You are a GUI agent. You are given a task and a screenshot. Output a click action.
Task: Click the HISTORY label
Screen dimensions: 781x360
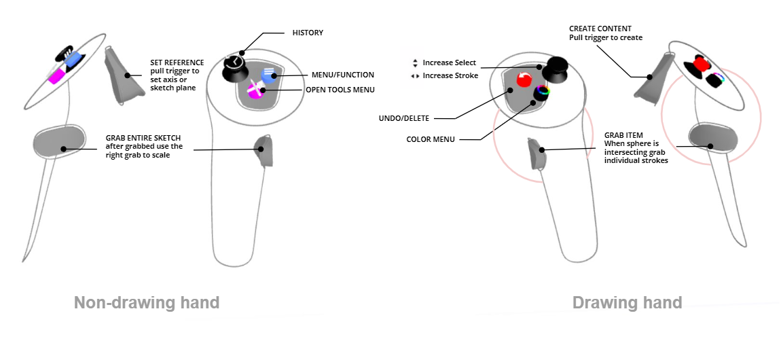tap(308, 33)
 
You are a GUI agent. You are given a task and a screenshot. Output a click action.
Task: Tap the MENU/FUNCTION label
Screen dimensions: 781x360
tap(343, 75)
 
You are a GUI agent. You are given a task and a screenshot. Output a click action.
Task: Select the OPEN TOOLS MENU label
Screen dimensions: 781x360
tap(340, 90)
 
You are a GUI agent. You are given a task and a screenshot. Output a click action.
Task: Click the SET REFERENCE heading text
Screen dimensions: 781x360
tap(177, 62)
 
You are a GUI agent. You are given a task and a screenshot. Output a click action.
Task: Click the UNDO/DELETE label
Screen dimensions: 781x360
tap(404, 118)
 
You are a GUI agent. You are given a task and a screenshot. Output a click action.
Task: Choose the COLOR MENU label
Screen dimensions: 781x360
tap(431, 139)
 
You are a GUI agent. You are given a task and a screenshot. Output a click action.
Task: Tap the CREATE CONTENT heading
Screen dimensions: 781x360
tap(600, 29)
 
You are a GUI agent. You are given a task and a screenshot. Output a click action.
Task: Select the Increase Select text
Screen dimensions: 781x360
tap(450, 62)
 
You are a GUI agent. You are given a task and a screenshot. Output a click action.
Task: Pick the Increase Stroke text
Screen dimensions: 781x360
tap(450, 75)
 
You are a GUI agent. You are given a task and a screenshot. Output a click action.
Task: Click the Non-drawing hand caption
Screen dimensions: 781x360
tap(147, 302)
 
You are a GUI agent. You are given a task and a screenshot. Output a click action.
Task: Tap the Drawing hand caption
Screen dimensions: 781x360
tap(627, 302)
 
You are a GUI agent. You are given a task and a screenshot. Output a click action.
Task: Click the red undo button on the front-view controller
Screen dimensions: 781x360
tap(524, 79)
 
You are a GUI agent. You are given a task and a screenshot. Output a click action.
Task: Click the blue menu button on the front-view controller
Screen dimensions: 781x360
tap(269, 75)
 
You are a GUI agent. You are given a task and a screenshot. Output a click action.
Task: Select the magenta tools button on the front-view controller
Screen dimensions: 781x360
tap(256, 90)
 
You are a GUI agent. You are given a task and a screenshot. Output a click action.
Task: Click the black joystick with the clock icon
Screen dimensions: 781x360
tap(234, 67)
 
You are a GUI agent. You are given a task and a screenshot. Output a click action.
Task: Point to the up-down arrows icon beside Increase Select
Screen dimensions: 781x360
tap(415, 63)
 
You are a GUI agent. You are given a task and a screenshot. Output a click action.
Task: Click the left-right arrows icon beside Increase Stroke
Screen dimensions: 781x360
tap(415, 76)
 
